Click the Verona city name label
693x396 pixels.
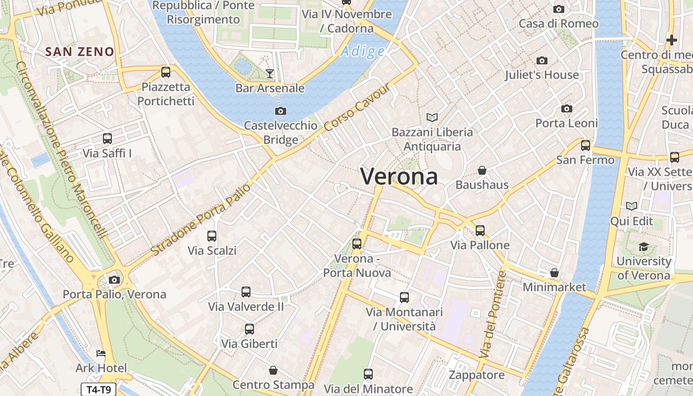pos(399,177)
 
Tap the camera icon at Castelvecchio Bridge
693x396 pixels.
pos(281,111)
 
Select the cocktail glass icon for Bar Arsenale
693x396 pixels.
pos(269,74)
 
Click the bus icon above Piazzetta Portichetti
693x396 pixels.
pos(166,72)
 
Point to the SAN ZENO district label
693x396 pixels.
pos(80,51)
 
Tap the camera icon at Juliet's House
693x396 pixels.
pos(542,60)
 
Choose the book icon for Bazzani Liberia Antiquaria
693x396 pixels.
pos(432,117)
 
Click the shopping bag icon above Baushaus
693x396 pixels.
pos(482,170)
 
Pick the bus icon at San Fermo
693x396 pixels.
pos(586,146)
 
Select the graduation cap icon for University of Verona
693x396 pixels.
pos(643,247)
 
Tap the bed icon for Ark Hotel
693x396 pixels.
pos(101,353)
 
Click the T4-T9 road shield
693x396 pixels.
pos(99,390)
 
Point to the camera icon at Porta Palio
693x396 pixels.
pos(114,280)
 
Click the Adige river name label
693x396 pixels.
pos(363,51)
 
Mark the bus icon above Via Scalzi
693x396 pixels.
pos(212,236)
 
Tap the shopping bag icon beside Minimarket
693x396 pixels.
pos(554,273)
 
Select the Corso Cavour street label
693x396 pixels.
pos(358,107)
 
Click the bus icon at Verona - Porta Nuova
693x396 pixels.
pos(357,244)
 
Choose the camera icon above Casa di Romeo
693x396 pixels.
pos(559,9)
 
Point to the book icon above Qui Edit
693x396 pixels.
pos(632,206)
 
